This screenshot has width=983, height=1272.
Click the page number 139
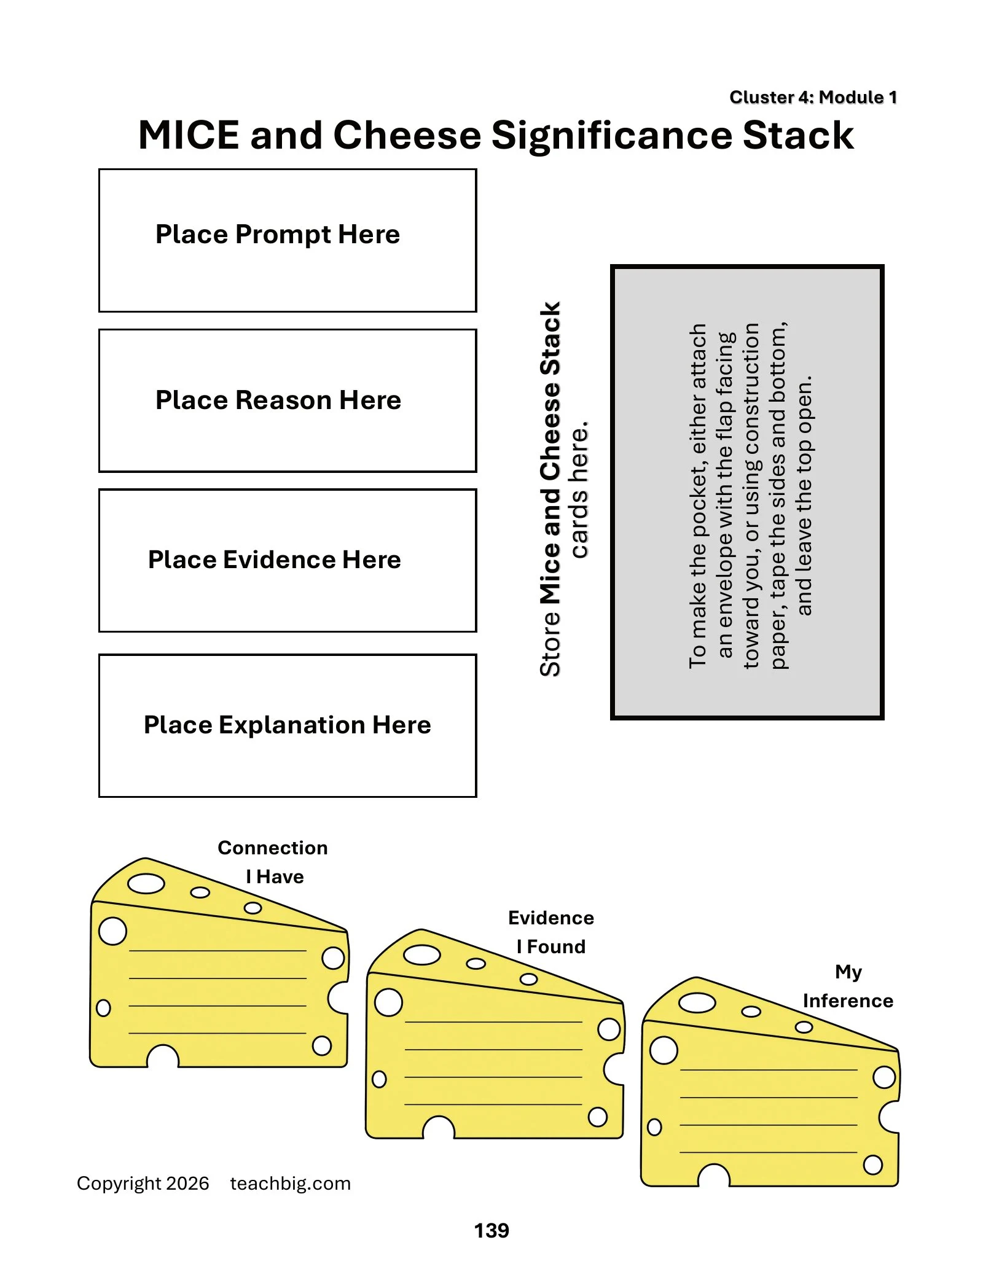coord(491,1230)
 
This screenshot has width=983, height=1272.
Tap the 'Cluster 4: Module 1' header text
coord(813,97)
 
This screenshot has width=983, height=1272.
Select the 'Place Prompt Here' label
coord(278,235)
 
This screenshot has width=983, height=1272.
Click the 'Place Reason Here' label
coord(278,400)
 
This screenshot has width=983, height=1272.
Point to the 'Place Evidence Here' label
coord(275,560)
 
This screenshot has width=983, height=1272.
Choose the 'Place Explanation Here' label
coord(288,725)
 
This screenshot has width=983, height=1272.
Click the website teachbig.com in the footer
coord(290,1184)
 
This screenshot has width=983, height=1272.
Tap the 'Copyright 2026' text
coord(143,1184)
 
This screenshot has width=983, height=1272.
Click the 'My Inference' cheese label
coord(848,986)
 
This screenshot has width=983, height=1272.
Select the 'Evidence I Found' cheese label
coord(551,932)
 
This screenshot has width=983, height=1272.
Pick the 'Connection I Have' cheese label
coord(273,862)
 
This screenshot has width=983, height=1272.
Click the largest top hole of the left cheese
coord(146,884)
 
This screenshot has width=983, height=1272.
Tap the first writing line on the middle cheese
coord(493,1022)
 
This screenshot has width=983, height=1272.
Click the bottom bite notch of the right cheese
coord(714,1175)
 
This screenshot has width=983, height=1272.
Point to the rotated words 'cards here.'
coord(579,490)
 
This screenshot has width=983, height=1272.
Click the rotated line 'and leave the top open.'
coord(804,495)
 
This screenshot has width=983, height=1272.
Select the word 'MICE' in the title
coord(189,136)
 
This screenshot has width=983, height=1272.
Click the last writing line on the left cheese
coord(217,1033)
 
